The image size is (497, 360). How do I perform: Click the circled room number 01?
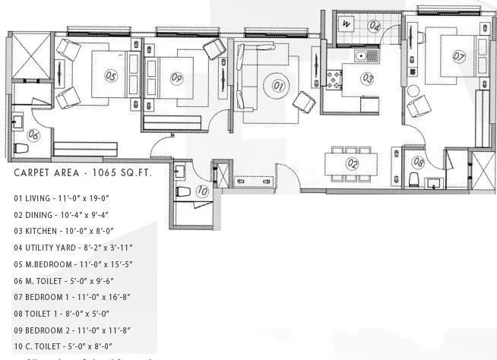278,87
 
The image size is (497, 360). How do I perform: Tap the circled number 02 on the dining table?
352,163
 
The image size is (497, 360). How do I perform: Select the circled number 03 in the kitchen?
367,77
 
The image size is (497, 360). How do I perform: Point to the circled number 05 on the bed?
111,76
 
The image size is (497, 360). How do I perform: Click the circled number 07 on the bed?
458,55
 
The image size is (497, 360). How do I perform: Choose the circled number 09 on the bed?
176,77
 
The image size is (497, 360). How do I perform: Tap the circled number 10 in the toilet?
201,191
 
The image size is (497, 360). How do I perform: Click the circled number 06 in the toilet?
33,134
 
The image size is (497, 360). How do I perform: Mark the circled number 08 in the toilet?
419,161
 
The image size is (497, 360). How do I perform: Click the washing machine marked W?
346,24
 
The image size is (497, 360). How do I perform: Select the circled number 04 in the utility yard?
374,26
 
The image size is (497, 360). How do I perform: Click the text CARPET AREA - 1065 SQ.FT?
83,173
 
